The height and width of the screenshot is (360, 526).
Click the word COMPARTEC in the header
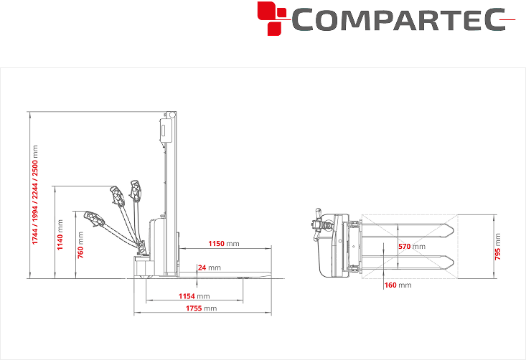[x=398, y=20]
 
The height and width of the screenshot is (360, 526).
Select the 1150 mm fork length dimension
[x=224, y=243]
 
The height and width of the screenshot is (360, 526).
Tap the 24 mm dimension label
[x=209, y=267]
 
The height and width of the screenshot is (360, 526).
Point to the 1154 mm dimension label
[x=194, y=296]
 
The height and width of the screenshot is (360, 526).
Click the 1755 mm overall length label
[x=201, y=308]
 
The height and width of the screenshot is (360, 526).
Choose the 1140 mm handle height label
[x=60, y=235]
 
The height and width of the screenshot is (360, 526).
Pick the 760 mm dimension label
[x=80, y=245]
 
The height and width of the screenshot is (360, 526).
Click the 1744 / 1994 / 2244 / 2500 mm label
[x=35, y=195]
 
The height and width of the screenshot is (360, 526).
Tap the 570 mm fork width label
[x=412, y=247]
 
